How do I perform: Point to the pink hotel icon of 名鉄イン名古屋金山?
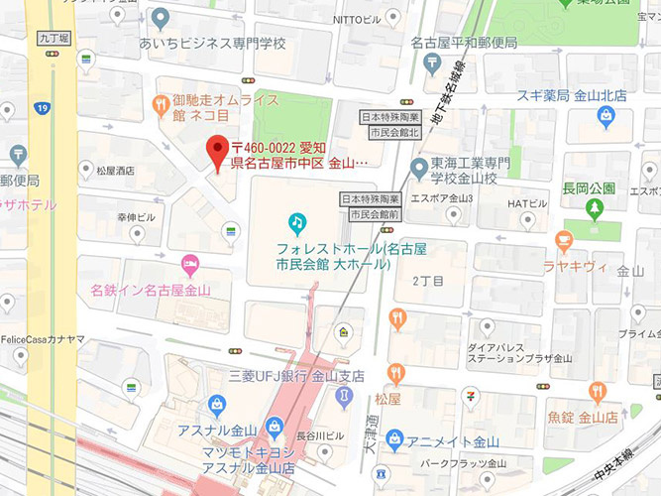(x=190, y=265)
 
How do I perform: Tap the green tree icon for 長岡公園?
(x=594, y=209)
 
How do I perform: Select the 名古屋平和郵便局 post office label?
(x=465, y=45)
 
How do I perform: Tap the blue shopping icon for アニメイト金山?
(x=394, y=438)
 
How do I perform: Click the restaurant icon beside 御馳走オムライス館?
(x=159, y=103)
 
